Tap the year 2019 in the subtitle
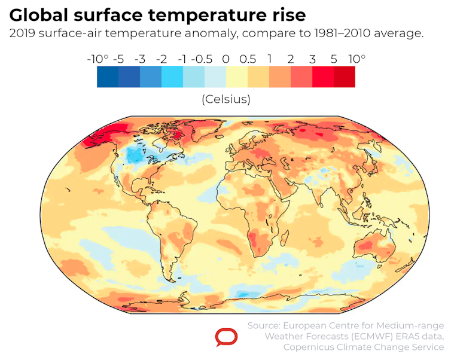[22, 33]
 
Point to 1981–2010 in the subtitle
[343, 33]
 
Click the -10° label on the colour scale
[97, 59]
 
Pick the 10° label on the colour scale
[356, 59]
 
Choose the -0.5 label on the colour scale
[204, 59]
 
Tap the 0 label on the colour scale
[225, 59]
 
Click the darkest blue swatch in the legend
[108, 77]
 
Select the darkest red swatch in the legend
[344, 77]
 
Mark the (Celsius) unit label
[225, 99]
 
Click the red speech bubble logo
[226, 338]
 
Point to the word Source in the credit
[264, 325]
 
